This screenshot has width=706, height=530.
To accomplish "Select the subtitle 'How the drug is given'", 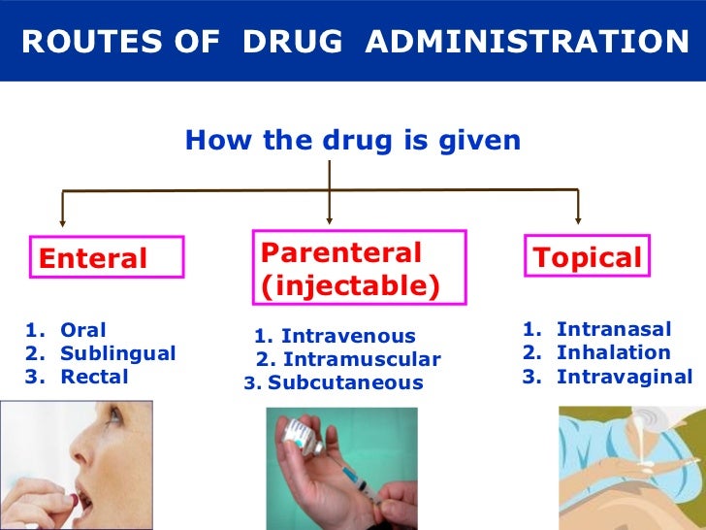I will (353, 142).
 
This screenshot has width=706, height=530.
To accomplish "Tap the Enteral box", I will (106, 258).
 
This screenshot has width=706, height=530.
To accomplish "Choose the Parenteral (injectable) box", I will (359, 269).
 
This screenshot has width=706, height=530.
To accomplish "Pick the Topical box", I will (587, 257).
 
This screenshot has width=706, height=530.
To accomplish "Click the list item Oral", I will (82, 330).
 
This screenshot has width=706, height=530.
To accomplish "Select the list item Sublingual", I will (117, 353).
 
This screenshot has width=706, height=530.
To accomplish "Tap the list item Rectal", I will (94, 377).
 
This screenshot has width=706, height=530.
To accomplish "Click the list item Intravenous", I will (347, 337).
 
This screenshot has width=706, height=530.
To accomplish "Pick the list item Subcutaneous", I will (345, 383).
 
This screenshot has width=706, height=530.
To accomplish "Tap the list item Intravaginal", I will (625, 377).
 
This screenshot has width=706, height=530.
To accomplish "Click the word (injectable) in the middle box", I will (349, 286).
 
